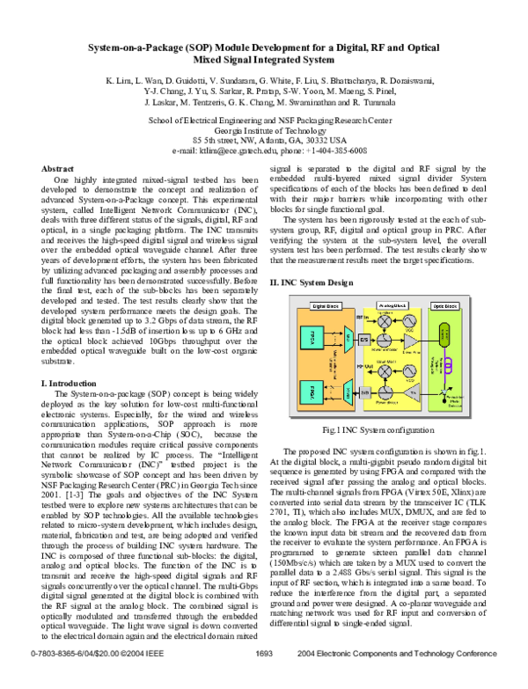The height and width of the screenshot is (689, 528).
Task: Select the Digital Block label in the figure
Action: click(x=326, y=306)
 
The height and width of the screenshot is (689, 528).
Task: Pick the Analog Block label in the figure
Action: click(x=392, y=305)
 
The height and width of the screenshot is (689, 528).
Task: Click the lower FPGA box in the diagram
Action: click(x=312, y=392)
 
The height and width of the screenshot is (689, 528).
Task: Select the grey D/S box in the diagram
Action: click(x=364, y=340)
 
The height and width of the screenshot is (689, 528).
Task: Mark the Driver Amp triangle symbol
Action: click(x=410, y=341)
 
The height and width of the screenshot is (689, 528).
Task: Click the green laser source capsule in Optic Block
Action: click(x=444, y=334)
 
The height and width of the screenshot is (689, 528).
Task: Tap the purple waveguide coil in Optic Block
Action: click(x=449, y=364)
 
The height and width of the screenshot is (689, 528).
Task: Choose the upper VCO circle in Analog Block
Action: click(x=410, y=320)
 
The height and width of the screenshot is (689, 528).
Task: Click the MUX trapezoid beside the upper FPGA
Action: click(x=347, y=339)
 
